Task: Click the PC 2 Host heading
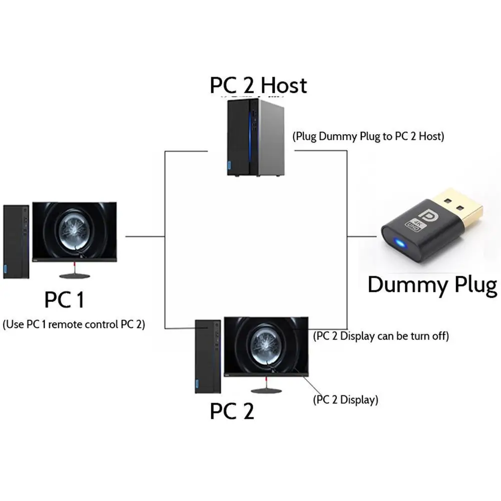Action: (x=258, y=85)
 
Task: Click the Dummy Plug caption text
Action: (x=432, y=285)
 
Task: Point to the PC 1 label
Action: (x=64, y=300)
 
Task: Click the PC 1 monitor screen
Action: (x=75, y=231)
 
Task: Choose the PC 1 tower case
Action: (x=16, y=242)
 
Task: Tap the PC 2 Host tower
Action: (x=256, y=138)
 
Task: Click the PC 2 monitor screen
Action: (x=266, y=346)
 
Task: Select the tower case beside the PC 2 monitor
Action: (x=208, y=356)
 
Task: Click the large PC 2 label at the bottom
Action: (x=232, y=411)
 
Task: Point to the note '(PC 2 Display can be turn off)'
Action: (x=381, y=336)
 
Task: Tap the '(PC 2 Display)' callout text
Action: (x=345, y=400)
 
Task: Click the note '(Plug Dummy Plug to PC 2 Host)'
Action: (x=368, y=137)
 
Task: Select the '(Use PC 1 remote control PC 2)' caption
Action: (x=74, y=325)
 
